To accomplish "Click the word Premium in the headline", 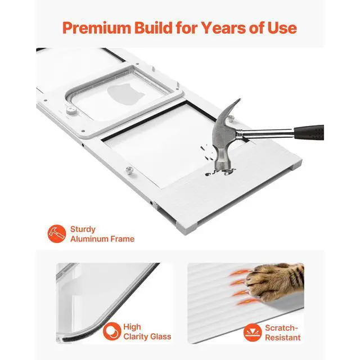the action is [97, 28].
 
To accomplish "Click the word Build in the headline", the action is [154, 28].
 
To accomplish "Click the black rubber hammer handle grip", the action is [309, 133].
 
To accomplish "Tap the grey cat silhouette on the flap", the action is [125, 94].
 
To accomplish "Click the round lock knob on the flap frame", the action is [71, 110].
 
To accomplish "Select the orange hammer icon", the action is [57, 234].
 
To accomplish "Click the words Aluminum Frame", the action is [102, 239].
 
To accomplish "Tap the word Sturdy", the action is [83, 229].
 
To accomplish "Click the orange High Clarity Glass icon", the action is [112, 331].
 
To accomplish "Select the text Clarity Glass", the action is [147, 336].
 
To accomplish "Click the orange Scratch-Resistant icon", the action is [253, 332].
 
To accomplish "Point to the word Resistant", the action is [282, 337].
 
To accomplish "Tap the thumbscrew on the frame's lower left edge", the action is [130, 171].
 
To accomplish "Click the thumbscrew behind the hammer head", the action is [231, 119].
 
